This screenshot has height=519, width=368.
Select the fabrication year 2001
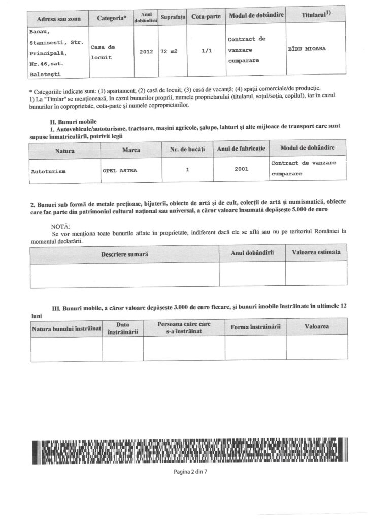[x=241, y=169]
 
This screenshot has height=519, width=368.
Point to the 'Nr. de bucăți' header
[x=187, y=151]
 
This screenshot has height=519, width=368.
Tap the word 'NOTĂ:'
[x=61, y=225]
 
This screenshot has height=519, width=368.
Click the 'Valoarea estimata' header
[x=316, y=252]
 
